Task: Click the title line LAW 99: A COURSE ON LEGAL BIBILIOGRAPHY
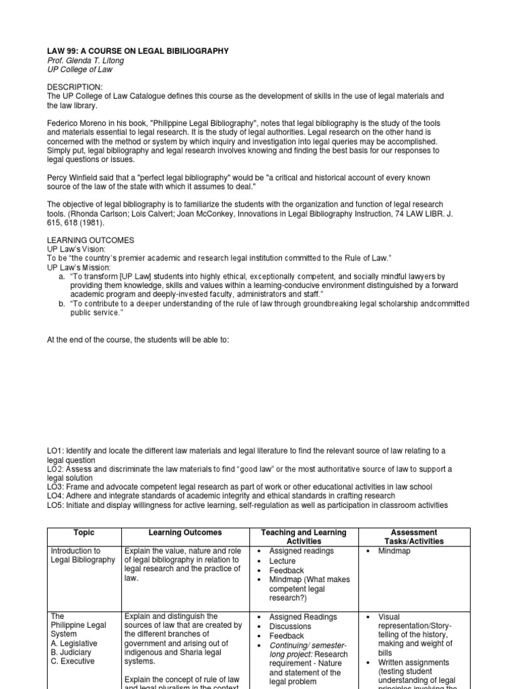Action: (137, 51)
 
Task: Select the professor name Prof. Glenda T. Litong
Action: (85, 61)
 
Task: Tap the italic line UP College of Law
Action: (79, 70)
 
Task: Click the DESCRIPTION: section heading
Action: (75, 87)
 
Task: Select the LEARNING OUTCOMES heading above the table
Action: (90, 240)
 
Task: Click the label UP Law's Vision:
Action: (77, 250)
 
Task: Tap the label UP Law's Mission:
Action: (79, 267)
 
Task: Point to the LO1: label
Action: (56, 450)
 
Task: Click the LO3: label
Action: (56, 486)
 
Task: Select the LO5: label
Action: (56, 505)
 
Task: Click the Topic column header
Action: (83, 532)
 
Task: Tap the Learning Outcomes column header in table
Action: (184, 532)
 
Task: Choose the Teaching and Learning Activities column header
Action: (304, 536)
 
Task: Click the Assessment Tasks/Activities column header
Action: (418, 536)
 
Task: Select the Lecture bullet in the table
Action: (282, 560)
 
